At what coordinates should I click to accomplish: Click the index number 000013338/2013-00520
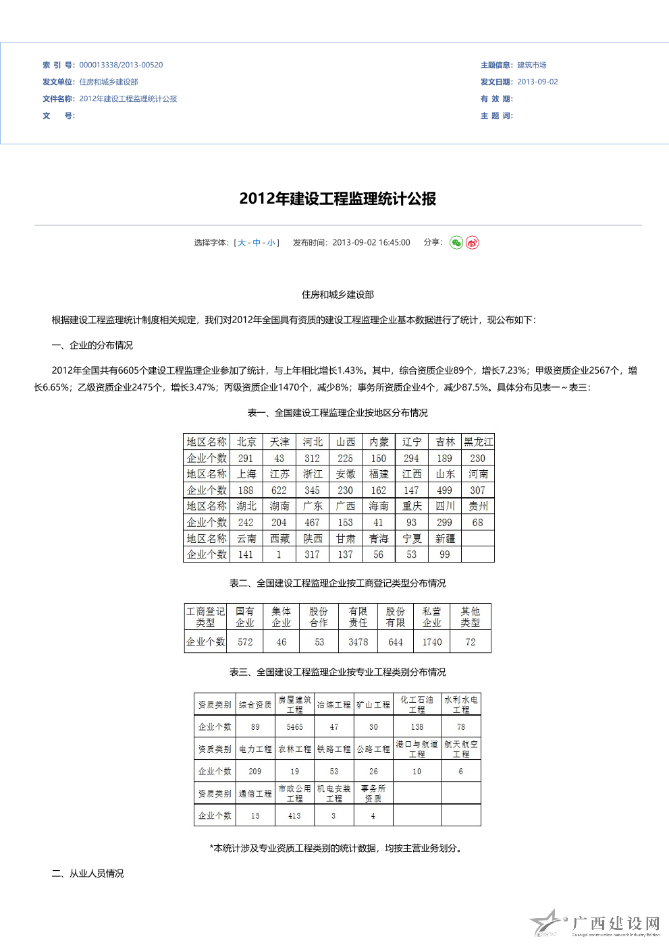click(x=121, y=65)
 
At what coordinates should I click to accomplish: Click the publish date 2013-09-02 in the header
click(x=537, y=82)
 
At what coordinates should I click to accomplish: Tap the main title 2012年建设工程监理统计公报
click(x=338, y=198)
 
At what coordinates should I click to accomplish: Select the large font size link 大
click(x=242, y=243)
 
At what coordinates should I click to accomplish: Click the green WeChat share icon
click(x=456, y=243)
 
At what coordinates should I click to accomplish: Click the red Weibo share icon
click(x=473, y=243)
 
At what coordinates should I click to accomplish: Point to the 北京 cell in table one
click(x=246, y=442)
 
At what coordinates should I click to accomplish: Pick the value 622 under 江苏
click(x=279, y=490)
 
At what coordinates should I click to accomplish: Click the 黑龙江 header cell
click(x=478, y=442)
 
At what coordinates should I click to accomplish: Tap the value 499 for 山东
click(x=444, y=490)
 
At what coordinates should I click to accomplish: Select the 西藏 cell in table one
click(x=279, y=538)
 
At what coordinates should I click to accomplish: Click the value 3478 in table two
click(x=358, y=642)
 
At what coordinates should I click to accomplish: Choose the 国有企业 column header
click(x=245, y=617)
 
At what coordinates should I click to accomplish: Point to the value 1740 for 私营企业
click(x=432, y=642)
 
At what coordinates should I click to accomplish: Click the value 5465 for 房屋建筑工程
click(x=294, y=727)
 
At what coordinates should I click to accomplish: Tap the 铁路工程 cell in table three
click(x=334, y=749)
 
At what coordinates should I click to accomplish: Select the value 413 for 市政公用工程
click(x=294, y=815)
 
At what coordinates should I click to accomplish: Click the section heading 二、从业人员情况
click(x=88, y=874)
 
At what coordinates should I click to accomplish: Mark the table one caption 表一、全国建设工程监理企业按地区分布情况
click(x=338, y=413)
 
